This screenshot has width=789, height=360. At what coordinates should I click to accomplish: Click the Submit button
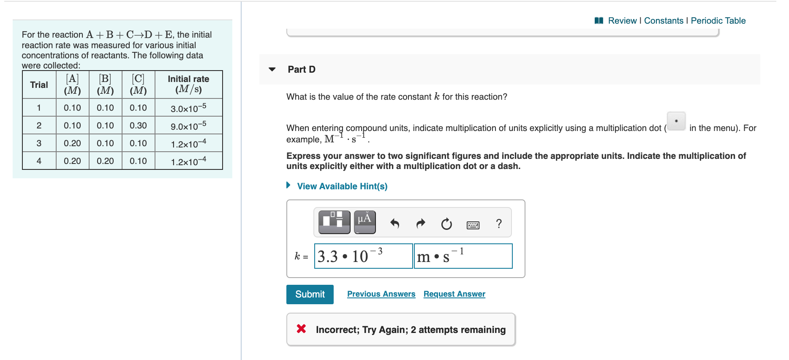(310, 295)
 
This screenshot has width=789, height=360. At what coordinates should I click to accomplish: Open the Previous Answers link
(381, 294)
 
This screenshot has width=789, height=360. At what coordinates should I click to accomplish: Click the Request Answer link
(454, 294)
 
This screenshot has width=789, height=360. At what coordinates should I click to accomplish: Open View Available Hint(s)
(342, 186)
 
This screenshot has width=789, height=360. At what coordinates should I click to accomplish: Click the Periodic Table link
(718, 21)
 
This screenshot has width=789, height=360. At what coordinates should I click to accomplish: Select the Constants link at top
(663, 21)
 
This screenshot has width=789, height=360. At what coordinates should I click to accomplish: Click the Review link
(622, 21)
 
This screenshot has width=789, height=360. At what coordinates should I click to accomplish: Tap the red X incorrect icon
(301, 329)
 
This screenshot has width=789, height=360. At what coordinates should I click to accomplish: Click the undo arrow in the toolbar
(394, 223)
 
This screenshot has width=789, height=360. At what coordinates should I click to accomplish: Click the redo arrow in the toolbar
(421, 223)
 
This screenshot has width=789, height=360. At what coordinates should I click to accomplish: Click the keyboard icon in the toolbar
(473, 225)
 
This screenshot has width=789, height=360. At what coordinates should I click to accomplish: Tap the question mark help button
(499, 223)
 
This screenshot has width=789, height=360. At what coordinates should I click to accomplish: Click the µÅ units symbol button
(365, 222)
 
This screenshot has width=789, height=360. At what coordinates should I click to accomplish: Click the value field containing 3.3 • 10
(363, 256)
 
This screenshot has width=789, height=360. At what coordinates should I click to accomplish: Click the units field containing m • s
(463, 256)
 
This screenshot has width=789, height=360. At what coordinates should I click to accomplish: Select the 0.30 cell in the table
(138, 125)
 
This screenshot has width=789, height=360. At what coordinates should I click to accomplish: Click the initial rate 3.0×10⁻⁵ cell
(188, 108)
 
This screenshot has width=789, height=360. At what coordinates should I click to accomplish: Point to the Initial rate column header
(188, 84)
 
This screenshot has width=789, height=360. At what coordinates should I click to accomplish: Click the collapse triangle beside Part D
(272, 69)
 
